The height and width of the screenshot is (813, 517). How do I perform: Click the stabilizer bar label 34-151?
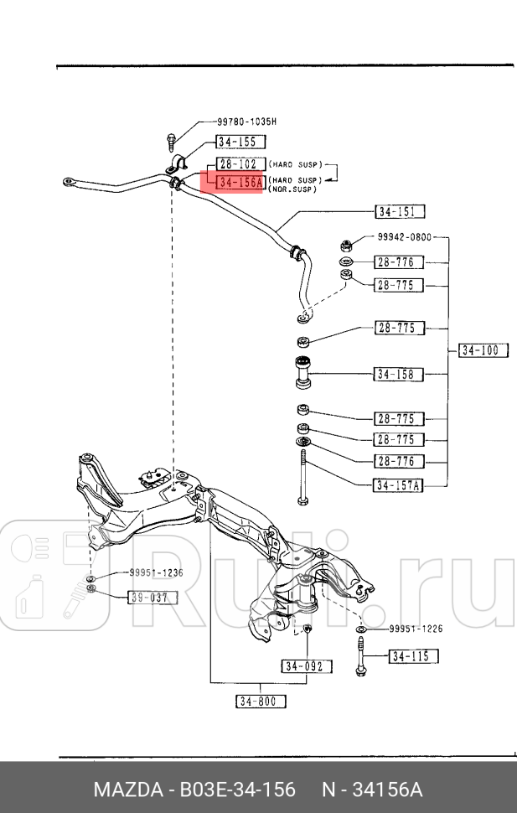tap(400, 212)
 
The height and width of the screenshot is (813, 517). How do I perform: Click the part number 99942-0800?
tap(404, 237)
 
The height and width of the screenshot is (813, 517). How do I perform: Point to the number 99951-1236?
tap(156, 573)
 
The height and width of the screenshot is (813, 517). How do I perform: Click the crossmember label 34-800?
tap(261, 702)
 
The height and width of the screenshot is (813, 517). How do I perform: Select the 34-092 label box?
tap(307, 666)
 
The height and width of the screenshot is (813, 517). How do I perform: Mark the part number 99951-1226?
tap(416, 629)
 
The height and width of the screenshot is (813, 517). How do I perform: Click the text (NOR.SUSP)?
tap(292, 190)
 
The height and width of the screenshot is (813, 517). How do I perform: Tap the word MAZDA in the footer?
tap(127, 790)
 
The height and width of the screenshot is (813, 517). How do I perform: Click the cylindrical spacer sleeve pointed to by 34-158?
tap(302, 372)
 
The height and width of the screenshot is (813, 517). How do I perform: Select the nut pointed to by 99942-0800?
tap(344, 246)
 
